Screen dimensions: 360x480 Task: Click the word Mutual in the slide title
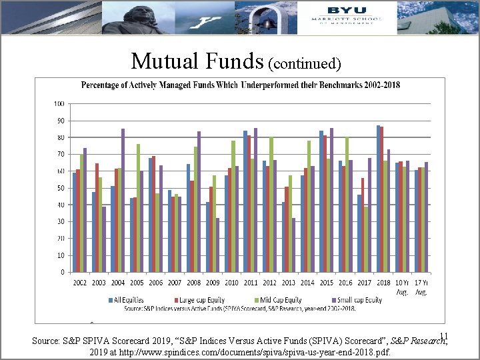tap(161, 61)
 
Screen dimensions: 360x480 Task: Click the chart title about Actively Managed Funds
tap(241, 85)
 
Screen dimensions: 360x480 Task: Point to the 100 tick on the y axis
tap(59, 104)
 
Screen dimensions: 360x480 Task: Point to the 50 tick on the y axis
tap(60, 188)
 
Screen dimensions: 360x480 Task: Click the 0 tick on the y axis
tap(62, 272)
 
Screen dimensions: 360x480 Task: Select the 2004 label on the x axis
tap(117, 283)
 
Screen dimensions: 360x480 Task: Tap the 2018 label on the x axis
tap(383, 283)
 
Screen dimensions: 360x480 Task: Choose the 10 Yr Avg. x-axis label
tap(403, 287)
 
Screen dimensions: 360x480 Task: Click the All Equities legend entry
tap(128, 300)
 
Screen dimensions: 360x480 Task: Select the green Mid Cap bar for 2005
tap(138, 208)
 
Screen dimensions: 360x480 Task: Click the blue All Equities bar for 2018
tap(378, 199)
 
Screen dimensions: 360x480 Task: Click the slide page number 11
tap(444, 337)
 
